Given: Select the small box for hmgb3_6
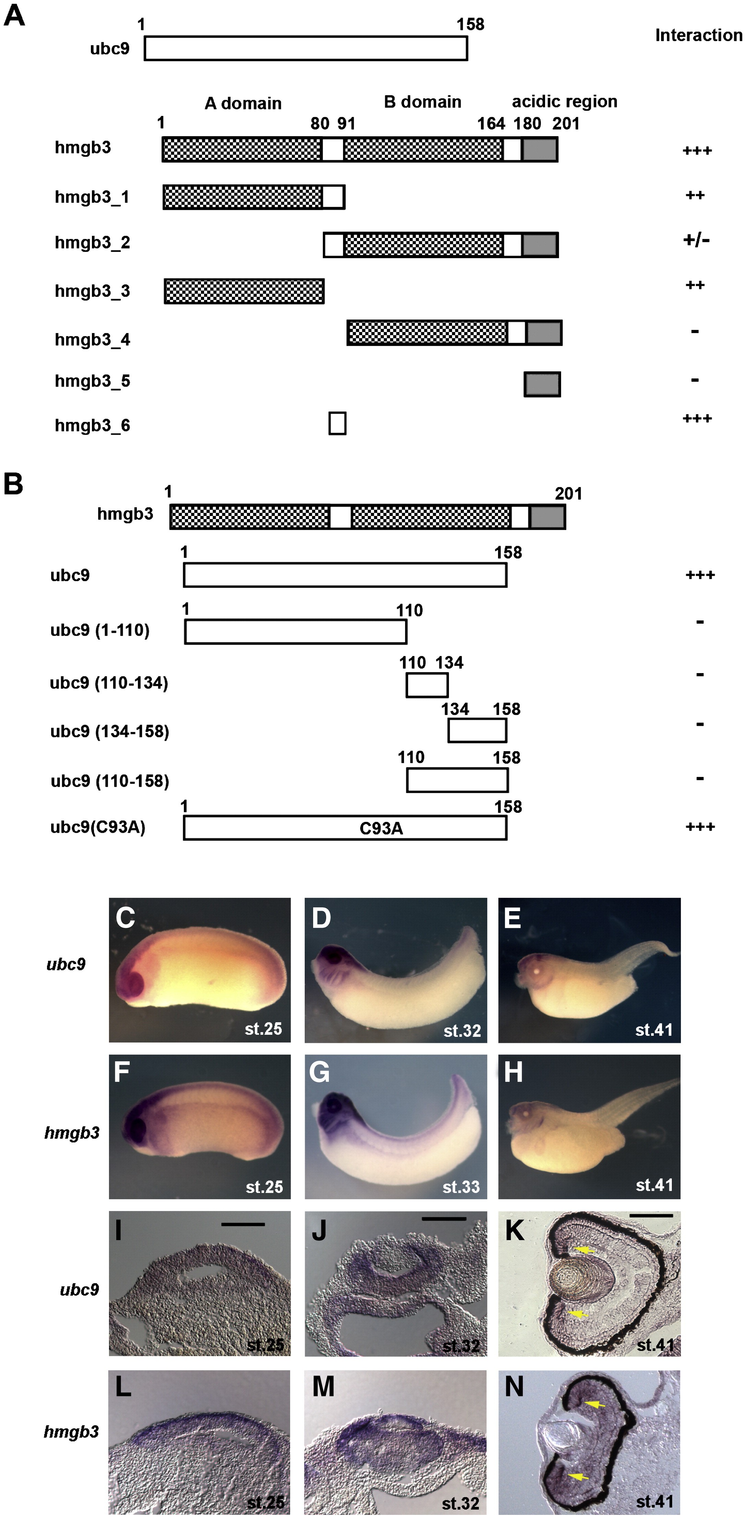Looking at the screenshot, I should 337,423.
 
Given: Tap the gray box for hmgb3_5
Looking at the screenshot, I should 542,384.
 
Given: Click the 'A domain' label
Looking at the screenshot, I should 243,104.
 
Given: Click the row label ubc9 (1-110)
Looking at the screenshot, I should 99,631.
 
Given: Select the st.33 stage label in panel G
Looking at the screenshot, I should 461,1187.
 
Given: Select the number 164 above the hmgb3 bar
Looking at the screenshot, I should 491,124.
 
